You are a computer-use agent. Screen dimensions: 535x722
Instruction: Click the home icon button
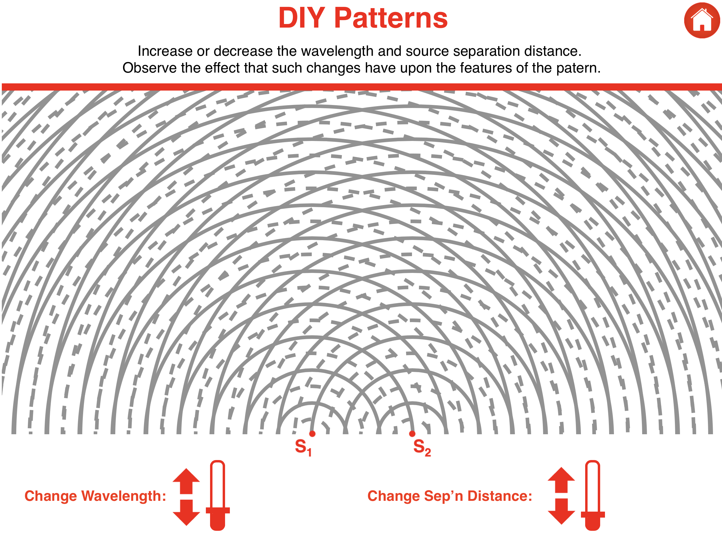click(702, 20)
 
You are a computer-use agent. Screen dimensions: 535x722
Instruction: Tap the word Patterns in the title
click(390, 19)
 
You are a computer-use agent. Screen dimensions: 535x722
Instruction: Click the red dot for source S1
click(312, 434)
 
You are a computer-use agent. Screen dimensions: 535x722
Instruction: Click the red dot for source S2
click(412, 434)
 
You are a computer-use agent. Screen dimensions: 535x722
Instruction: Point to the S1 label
click(303, 447)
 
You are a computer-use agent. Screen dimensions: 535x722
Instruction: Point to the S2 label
click(422, 447)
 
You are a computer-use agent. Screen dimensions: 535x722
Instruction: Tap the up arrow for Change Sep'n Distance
click(561, 480)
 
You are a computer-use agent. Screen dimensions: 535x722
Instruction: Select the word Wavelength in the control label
click(123, 496)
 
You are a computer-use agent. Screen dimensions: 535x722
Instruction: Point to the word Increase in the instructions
click(165, 51)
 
